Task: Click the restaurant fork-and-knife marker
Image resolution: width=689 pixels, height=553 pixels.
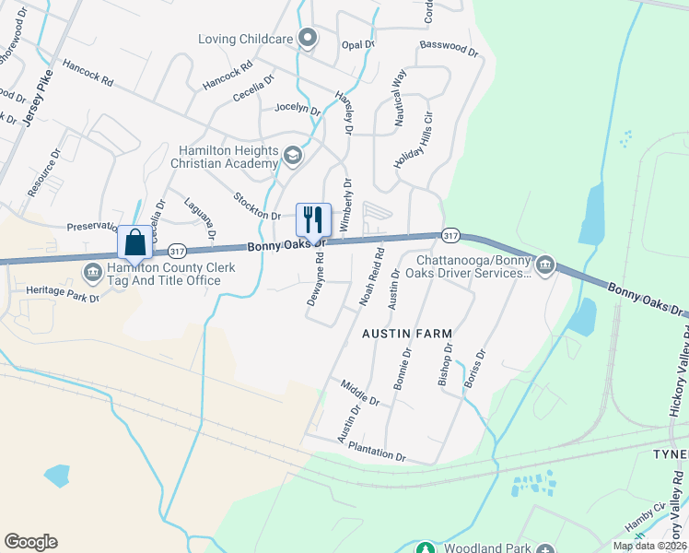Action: tap(313, 220)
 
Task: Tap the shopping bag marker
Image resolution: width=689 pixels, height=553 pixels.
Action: tap(134, 242)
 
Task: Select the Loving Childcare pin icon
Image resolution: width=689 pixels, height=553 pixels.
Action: tap(308, 39)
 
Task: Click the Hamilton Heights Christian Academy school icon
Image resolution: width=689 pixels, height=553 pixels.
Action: tap(294, 154)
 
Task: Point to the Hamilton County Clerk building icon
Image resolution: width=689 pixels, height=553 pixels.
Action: tap(92, 272)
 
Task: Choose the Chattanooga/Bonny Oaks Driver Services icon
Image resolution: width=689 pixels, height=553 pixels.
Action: tap(544, 267)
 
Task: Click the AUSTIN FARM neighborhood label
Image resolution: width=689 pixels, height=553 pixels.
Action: tap(407, 333)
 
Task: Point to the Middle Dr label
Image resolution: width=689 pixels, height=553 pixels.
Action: tap(359, 394)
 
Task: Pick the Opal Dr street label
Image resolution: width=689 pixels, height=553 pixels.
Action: tap(357, 44)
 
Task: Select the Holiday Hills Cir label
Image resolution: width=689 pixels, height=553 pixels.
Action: tap(414, 137)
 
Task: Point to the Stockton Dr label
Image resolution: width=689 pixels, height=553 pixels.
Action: tap(257, 206)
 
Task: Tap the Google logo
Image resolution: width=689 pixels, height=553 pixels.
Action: tap(30, 542)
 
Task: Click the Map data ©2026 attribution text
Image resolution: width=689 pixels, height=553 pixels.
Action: tap(649, 546)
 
